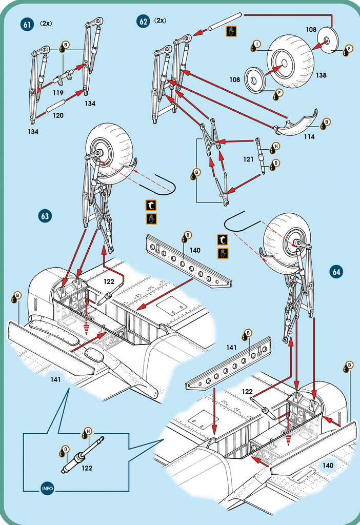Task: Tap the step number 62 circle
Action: click(x=143, y=22)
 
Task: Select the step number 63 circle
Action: click(x=45, y=216)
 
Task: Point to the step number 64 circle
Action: click(x=336, y=272)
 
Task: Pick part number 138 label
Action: click(x=321, y=75)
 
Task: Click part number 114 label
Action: click(x=309, y=137)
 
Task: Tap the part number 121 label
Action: click(x=249, y=159)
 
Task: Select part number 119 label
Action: click(x=58, y=93)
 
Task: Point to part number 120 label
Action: click(x=58, y=115)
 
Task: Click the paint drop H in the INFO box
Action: click(x=86, y=434)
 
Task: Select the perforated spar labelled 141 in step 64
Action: click(x=228, y=362)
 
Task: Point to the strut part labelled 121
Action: click(x=260, y=156)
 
